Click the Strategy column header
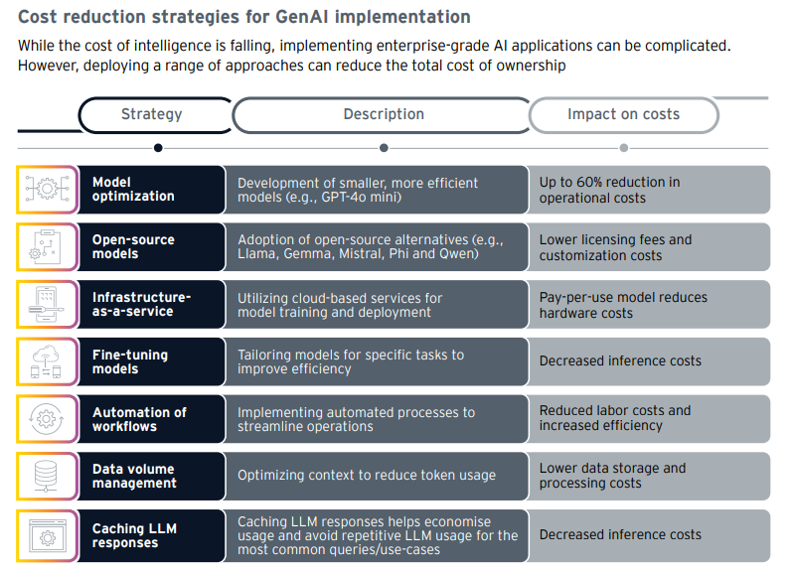(151, 114)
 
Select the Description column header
(384, 114)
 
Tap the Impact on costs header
(623, 114)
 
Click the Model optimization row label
(133, 189)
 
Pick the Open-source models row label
(133, 246)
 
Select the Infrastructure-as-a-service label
(141, 304)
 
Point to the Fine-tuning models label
(130, 361)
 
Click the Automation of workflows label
(139, 419)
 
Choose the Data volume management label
(134, 476)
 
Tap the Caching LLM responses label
(134, 535)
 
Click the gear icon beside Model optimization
(47, 189)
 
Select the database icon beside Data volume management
(46, 477)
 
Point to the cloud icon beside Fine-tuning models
(46, 361)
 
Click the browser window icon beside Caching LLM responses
(48, 536)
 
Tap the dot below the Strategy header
(158, 148)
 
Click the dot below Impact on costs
(623, 148)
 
